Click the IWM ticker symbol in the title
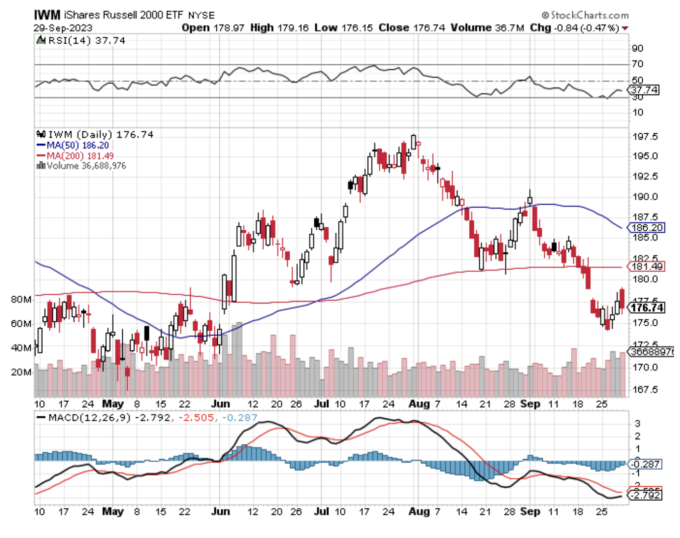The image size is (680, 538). click(47, 15)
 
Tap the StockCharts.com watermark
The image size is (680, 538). click(585, 15)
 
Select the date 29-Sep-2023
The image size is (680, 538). click(63, 28)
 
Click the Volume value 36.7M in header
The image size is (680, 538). click(509, 28)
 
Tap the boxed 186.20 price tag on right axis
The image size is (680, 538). click(647, 228)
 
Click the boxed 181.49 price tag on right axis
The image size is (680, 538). click(647, 266)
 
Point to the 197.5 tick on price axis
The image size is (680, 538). click(644, 137)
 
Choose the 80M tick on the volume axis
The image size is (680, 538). click(21, 300)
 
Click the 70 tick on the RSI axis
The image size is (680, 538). click(637, 64)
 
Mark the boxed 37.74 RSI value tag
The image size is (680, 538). click(644, 90)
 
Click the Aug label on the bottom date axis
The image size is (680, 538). click(419, 511)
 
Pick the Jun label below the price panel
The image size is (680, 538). click(220, 404)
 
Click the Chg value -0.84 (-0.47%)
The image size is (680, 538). click(586, 28)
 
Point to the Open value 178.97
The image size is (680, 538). click(229, 28)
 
